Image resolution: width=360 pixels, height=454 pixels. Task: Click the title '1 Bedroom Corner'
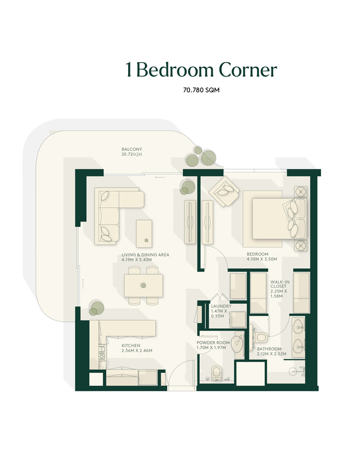tap(201, 70)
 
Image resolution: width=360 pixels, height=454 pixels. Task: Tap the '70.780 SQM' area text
tap(201, 91)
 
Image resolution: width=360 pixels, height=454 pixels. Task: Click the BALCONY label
tap(132, 149)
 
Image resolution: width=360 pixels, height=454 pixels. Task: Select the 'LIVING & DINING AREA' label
tap(145, 255)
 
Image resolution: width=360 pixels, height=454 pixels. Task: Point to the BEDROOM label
tap(257, 254)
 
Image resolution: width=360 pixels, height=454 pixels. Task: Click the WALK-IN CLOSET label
tap(279, 282)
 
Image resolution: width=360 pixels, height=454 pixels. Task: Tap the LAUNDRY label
tap(221, 306)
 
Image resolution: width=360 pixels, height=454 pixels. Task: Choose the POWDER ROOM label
tap(213, 343)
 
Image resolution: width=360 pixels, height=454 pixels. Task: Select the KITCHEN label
tap(131, 346)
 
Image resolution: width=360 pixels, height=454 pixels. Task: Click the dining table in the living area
tap(144, 286)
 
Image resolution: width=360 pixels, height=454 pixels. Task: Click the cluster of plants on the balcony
tap(201, 158)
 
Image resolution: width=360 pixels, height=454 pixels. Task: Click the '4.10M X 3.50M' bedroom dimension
tap(262, 259)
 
